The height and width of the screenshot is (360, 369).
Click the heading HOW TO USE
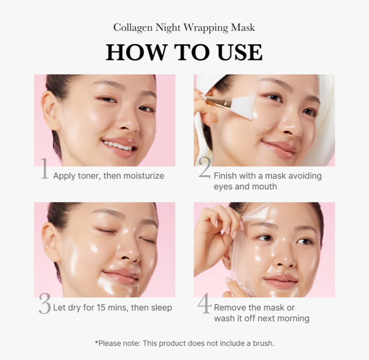click(184, 52)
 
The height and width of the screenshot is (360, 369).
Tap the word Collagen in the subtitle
click(133, 28)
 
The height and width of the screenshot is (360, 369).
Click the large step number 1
click(45, 169)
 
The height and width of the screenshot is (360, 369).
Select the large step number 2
click(205, 168)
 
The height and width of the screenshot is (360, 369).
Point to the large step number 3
click(45, 303)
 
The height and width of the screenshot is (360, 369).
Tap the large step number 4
click(204, 303)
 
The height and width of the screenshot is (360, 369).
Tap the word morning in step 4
click(293, 319)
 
